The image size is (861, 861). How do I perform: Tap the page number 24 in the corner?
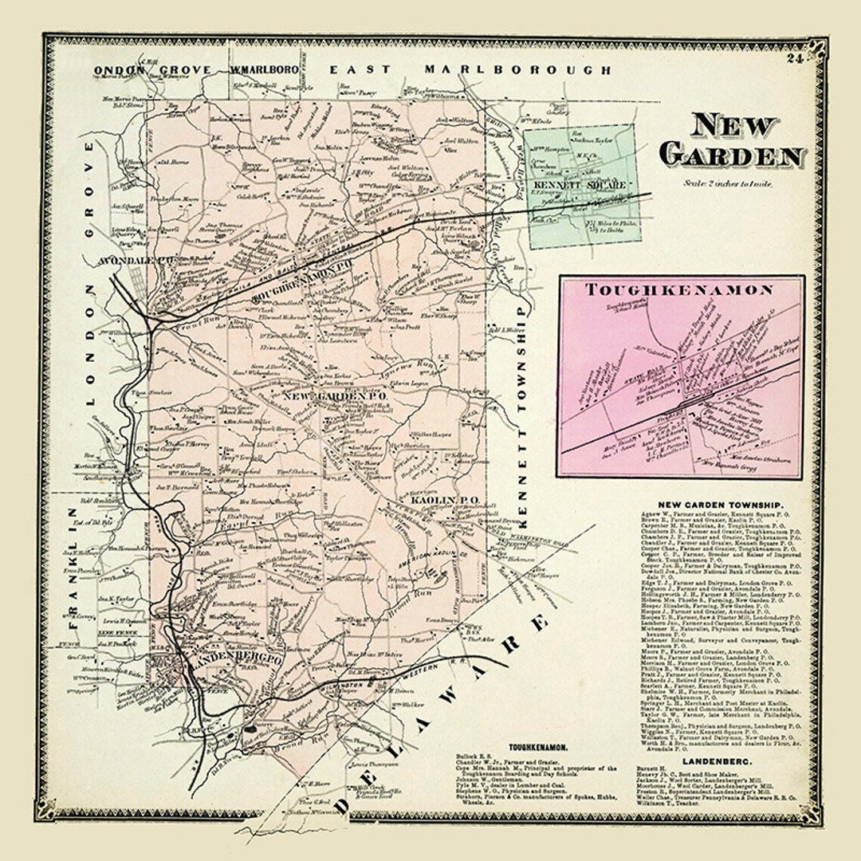tap(793, 57)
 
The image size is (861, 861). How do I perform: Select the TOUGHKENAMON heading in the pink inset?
tap(679, 290)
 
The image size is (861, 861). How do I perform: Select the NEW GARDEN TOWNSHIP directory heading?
tap(720, 505)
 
